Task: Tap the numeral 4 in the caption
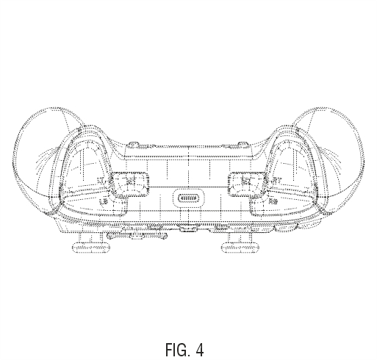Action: pyautogui.click(x=200, y=350)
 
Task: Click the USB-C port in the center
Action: pyautogui.click(x=188, y=198)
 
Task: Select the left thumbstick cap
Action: pyautogui.click(x=91, y=248)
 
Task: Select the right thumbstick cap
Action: pyautogui.click(x=240, y=248)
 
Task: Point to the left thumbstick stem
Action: pyautogui.click(x=90, y=237)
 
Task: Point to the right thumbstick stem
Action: pyautogui.click(x=240, y=237)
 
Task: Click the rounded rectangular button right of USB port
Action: pyautogui.click(x=247, y=184)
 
